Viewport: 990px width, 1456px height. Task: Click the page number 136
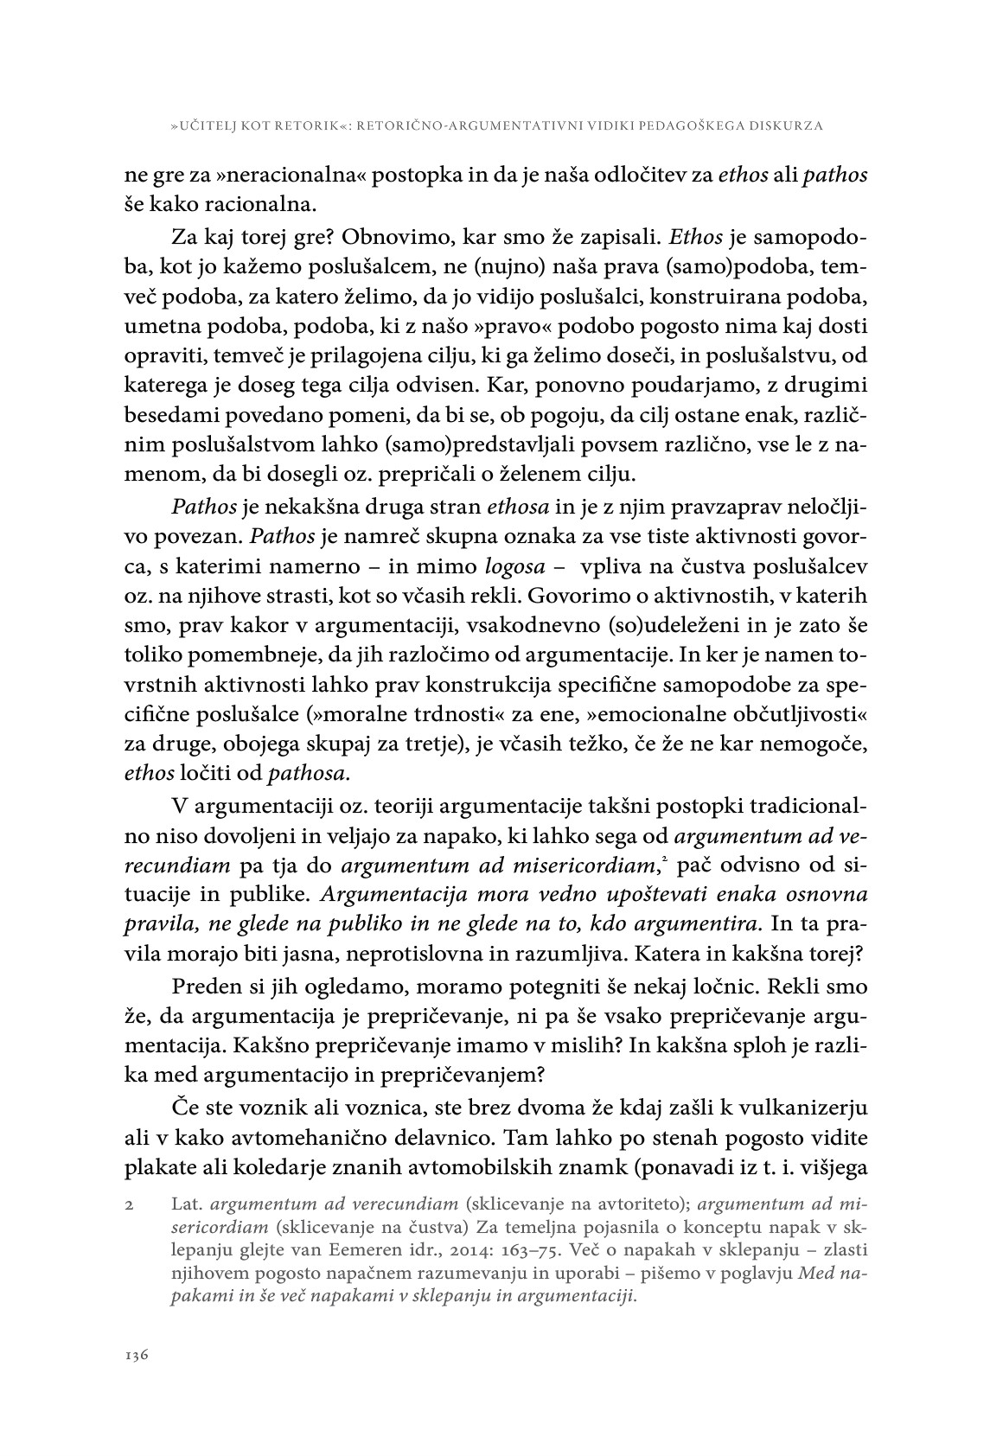pos(137,1354)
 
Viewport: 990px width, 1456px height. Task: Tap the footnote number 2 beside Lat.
pos(127,1204)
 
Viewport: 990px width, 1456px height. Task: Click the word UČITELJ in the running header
pos(212,126)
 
